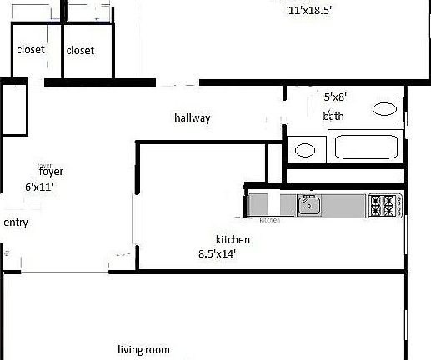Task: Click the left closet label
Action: coord(30,50)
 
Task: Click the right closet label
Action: coord(80,50)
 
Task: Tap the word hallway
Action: coord(192,118)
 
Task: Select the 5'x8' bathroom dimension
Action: coord(335,97)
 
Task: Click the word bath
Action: coord(333,117)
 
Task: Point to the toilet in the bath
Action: coord(383,108)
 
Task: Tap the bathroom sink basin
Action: coord(305,150)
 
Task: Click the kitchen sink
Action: coord(310,203)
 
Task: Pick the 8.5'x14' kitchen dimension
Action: coord(218,254)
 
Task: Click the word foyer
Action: coord(51,172)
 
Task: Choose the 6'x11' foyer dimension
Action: coord(39,187)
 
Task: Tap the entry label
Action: coord(16,222)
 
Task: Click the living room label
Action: coord(143,349)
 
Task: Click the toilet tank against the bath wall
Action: coord(401,108)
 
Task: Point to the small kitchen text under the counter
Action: coord(269,220)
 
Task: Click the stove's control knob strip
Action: coord(400,203)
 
